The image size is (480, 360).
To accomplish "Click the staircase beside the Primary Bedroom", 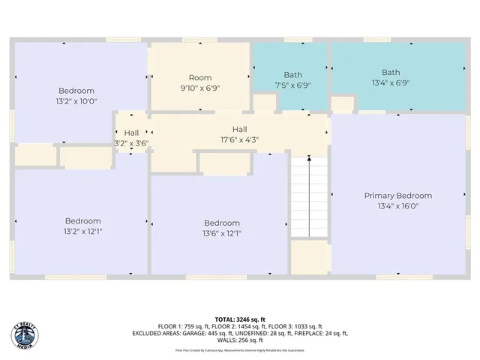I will [x=310, y=197].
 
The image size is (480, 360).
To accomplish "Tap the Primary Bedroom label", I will [x=398, y=196].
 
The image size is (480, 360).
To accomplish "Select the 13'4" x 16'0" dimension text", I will [x=398, y=205].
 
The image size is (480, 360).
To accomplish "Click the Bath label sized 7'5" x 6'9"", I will [x=292, y=75].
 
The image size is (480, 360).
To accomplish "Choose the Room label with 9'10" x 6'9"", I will [x=200, y=78].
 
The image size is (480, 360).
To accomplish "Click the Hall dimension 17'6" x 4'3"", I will [x=239, y=139].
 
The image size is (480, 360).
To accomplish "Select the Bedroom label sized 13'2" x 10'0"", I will [x=76, y=91].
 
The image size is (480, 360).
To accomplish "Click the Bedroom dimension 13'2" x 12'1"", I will [x=82, y=231].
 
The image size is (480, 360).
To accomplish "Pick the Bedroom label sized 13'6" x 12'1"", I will [x=222, y=223].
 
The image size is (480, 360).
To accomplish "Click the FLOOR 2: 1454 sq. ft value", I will [x=240, y=326].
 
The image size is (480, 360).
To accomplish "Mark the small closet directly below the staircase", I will [x=310, y=257].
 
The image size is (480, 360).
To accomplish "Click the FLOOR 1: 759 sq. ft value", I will [x=183, y=326].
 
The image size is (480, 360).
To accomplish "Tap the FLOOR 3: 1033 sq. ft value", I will [x=298, y=326].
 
